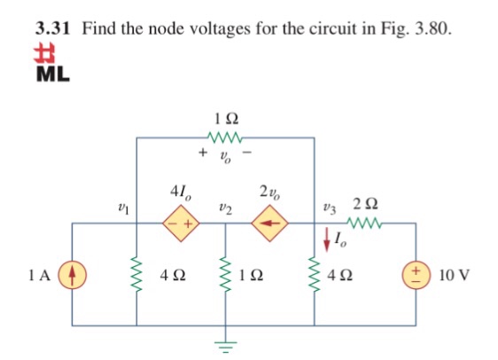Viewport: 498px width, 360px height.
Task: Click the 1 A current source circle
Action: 72,275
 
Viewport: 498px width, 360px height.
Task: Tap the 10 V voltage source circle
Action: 416,275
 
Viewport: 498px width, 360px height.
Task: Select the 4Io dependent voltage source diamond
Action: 181,223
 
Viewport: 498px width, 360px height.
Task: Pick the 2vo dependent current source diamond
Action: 269,223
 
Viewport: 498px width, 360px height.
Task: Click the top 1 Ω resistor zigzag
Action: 225,137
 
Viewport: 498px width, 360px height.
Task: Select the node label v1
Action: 123,209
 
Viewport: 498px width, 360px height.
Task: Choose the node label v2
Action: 225,209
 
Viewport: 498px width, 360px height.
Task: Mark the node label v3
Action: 330,209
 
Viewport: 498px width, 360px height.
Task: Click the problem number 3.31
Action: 52,28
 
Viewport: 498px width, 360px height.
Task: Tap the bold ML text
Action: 52,74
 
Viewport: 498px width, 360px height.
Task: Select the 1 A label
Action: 39,275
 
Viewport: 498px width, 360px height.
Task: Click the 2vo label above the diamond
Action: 270,192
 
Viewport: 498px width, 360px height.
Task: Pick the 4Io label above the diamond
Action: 181,192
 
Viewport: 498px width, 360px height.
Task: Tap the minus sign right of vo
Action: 247,153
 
